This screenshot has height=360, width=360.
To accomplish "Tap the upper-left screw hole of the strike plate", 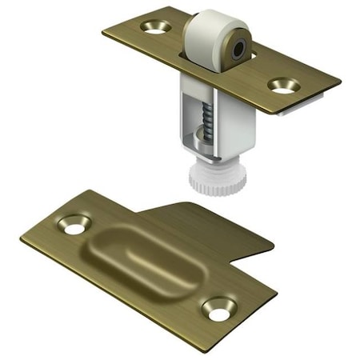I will click(74, 226).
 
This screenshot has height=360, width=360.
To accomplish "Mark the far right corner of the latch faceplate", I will click(340, 82).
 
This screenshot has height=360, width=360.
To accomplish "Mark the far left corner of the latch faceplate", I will click(104, 32).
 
